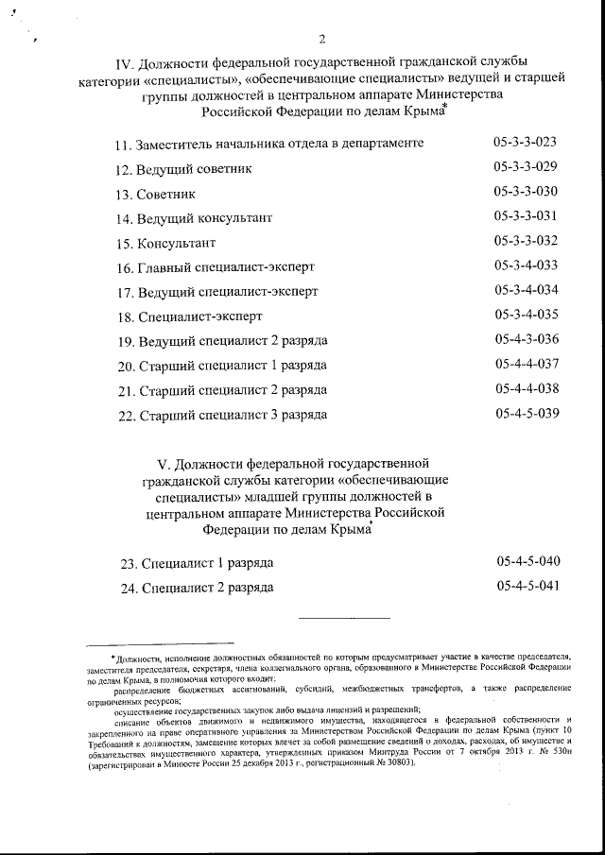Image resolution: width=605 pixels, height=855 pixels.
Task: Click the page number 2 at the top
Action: click(322, 40)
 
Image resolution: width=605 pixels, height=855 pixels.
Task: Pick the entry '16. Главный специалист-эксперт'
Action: click(214, 266)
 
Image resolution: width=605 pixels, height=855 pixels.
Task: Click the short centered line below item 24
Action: click(344, 619)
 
